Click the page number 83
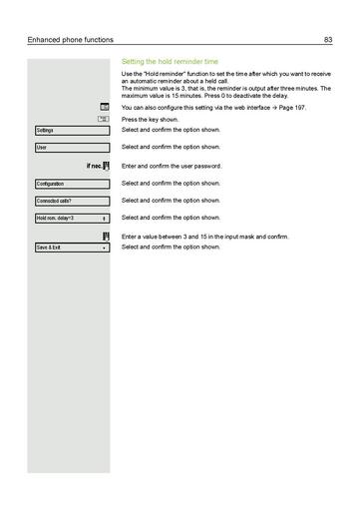coord(328,39)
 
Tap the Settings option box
coord(71,131)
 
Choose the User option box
coord(71,148)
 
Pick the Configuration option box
coord(71,184)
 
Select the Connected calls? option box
coord(71,201)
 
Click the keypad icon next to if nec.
coord(105,166)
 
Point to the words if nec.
coord(90,166)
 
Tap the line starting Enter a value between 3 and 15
coord(204,237)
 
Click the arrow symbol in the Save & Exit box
coord(105,247)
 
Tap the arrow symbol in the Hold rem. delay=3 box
coord(105,218)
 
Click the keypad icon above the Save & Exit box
coord(105,236)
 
